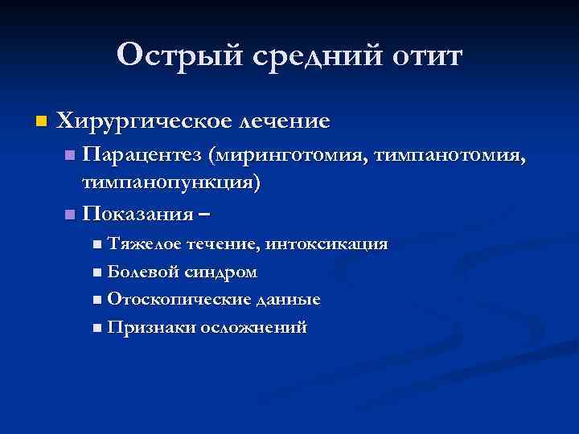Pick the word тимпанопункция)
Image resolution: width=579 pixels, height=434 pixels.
pos(172,182)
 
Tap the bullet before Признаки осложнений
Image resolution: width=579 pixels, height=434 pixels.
pos(97,328)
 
